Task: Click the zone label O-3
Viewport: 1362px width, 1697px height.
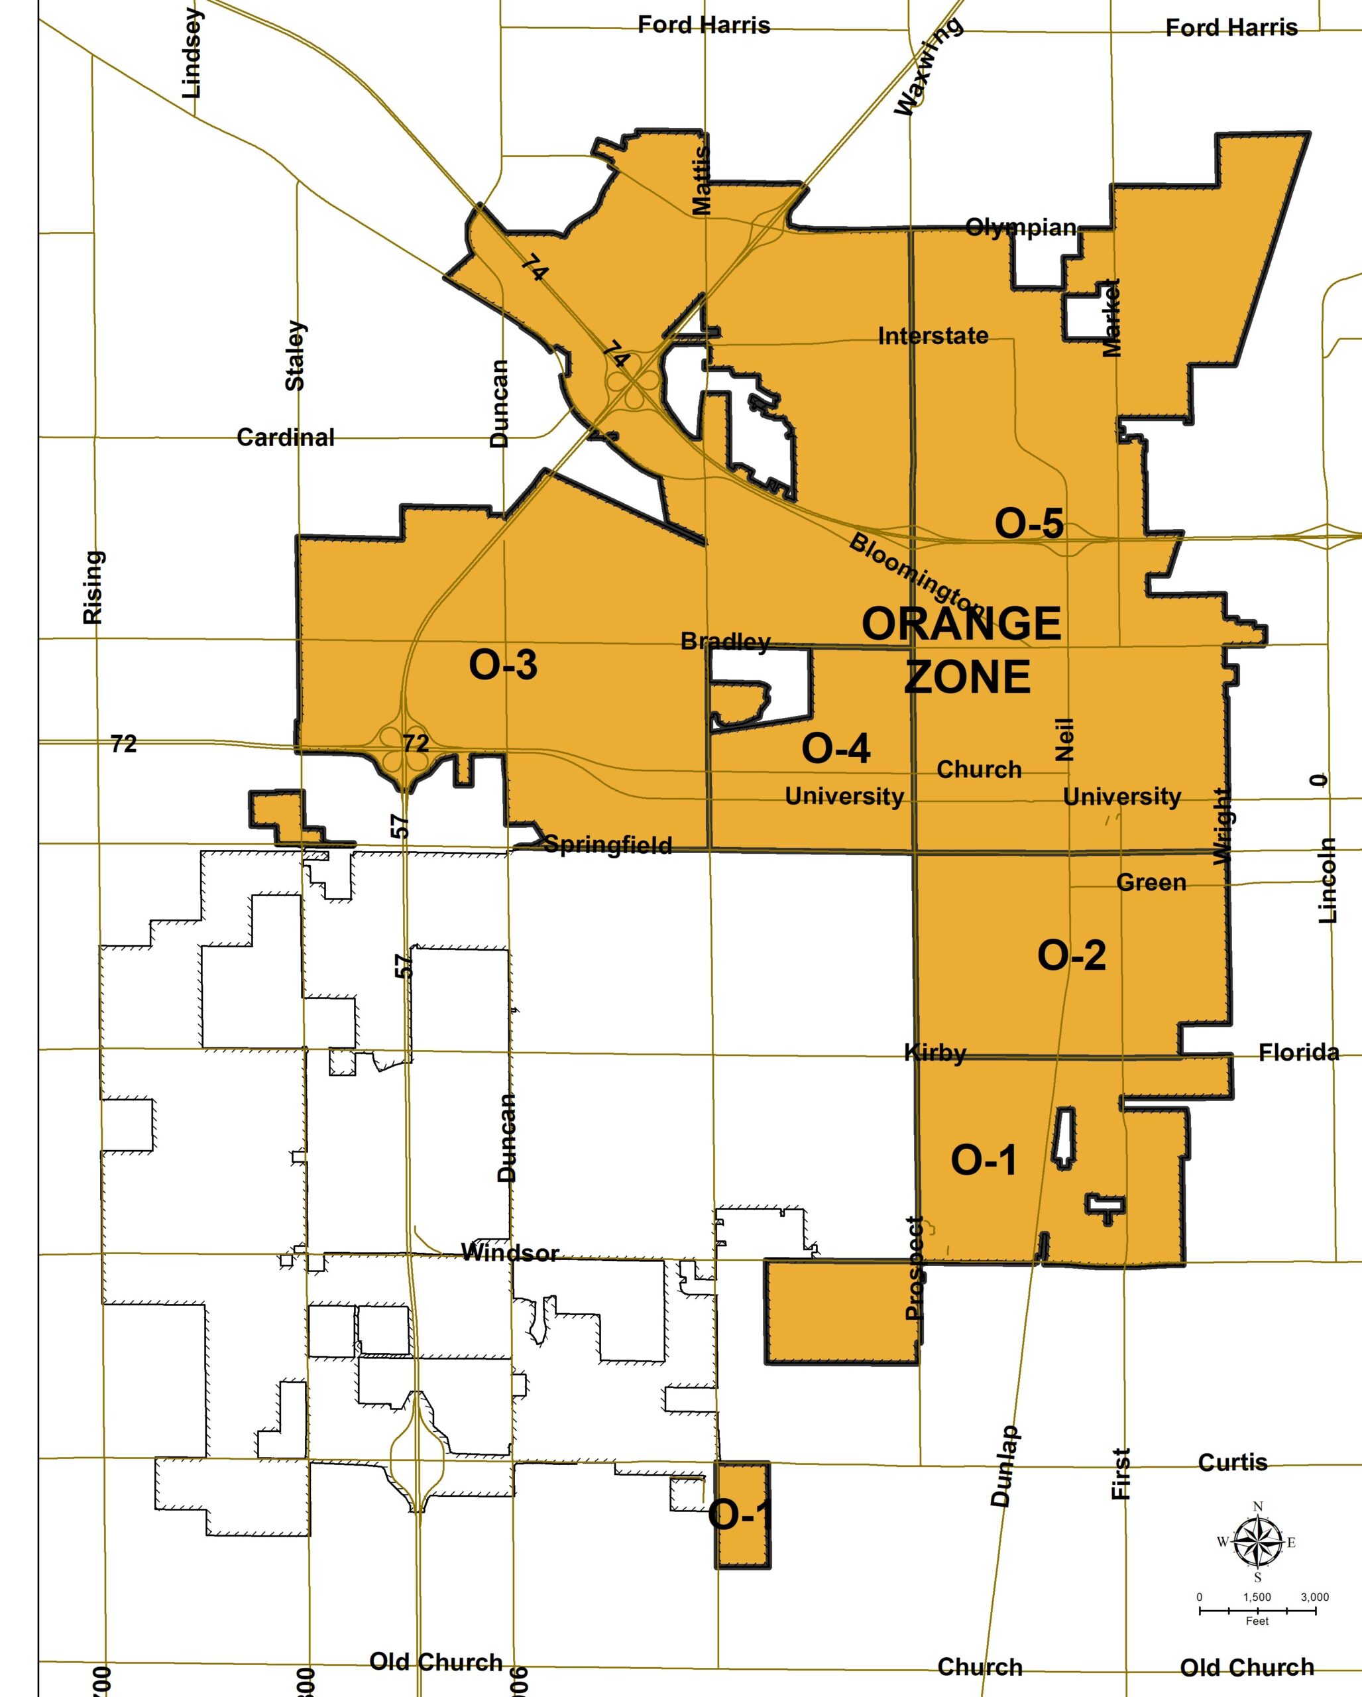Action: click(503, 664)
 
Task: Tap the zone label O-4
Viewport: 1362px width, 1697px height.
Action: click(836, 748)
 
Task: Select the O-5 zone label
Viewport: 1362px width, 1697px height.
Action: click(1029, 524)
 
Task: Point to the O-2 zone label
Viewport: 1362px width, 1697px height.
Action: click(1071, 955)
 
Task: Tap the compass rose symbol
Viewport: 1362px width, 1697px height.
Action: click(1257, 1542)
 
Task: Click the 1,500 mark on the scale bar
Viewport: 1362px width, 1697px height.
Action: click(1257, 1597)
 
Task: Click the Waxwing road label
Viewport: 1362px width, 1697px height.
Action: click(929, 66)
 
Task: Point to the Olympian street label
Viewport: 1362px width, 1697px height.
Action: click(1021, 227)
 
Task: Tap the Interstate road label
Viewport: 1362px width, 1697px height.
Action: click(933, 336)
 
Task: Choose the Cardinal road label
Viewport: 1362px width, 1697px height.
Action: click(286, 437)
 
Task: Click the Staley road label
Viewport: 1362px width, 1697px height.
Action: click(295, 355)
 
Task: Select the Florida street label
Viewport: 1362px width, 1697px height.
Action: click(1298, 1053)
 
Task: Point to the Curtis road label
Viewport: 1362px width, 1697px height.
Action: click(1232, 1462)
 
